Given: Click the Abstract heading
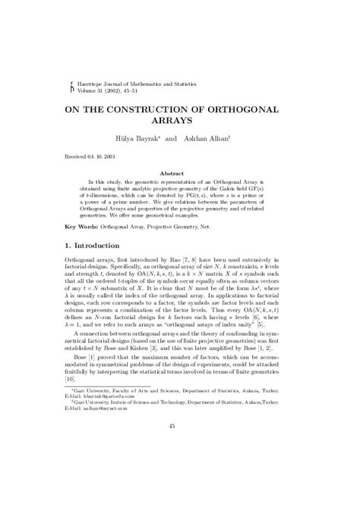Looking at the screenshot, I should (x=180, y=173).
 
